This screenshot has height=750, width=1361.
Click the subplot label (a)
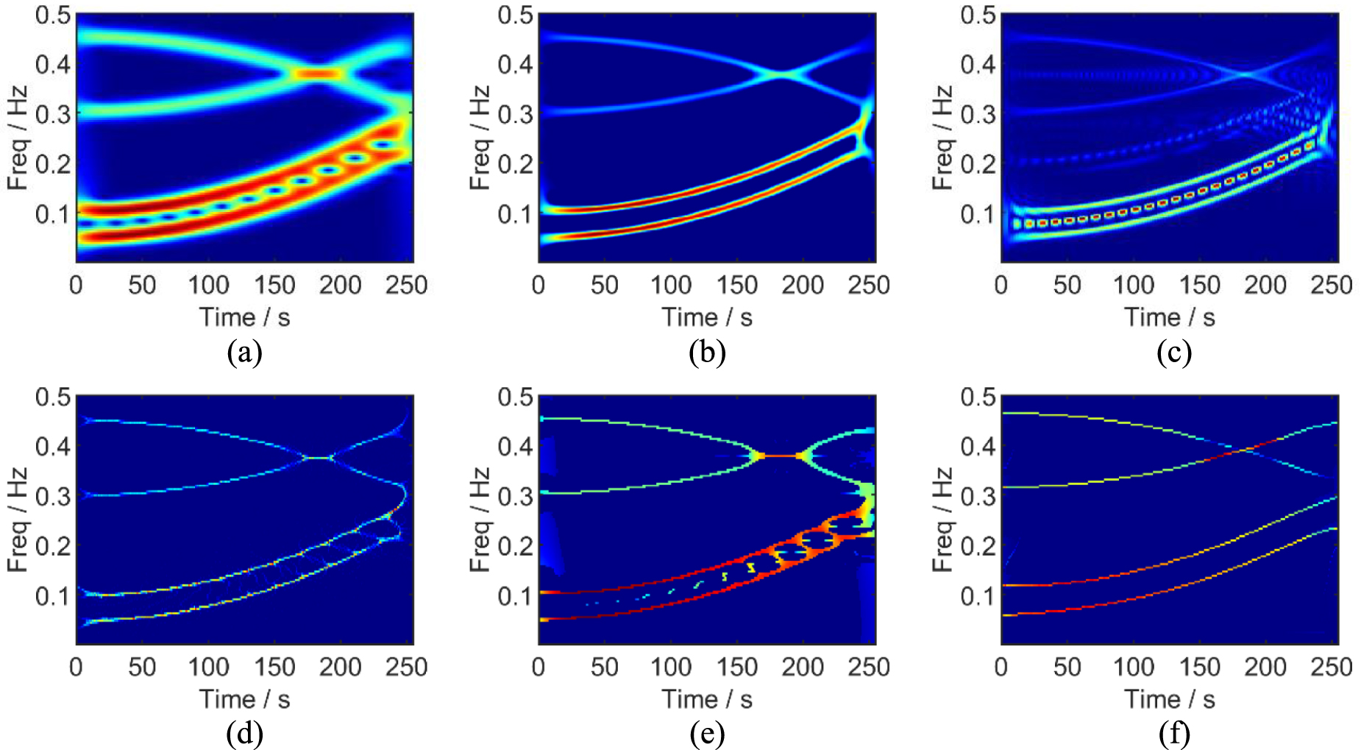pos(244,353)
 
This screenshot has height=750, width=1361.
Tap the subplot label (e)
pos(707,734)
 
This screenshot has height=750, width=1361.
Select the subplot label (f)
pos(1173,734)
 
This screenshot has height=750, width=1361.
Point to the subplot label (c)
pos(1173,353)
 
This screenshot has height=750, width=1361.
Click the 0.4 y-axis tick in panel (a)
pos(53,64)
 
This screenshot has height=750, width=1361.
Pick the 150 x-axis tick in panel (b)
pos(736,286)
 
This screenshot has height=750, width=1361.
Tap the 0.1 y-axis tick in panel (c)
pos(978,214)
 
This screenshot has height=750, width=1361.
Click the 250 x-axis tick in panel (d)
pos(406,668)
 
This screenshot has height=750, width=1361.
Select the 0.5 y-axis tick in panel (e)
pos(515,397)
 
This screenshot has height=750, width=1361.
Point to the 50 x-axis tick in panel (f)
pos(1067,668)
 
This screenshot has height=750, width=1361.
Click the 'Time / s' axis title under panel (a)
pos(244,317)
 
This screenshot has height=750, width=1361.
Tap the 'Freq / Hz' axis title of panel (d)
pos(17,520)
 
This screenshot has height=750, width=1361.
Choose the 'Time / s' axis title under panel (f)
pos(1169,699)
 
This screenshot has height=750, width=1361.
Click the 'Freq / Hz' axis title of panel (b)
pos(480,138)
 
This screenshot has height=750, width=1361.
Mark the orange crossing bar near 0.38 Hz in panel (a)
pos(318,74)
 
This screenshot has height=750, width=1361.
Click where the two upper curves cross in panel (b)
pos(783,74)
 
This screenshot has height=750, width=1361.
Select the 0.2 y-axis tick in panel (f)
pos(978,546)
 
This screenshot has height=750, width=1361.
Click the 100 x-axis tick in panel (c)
pos(1133,286)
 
